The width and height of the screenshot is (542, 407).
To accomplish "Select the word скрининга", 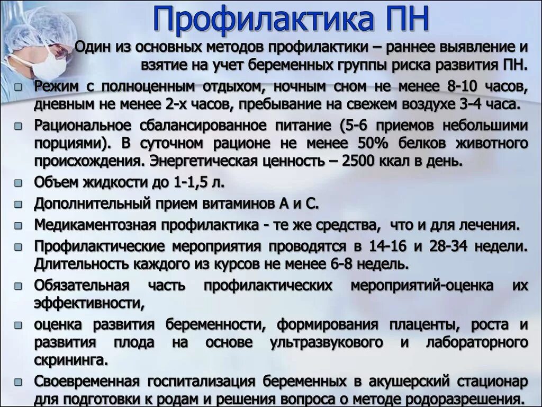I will coord(68,360).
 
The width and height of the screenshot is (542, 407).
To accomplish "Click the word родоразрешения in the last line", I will coord(470,399).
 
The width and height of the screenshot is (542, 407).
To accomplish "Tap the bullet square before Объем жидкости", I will coord(19,184).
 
